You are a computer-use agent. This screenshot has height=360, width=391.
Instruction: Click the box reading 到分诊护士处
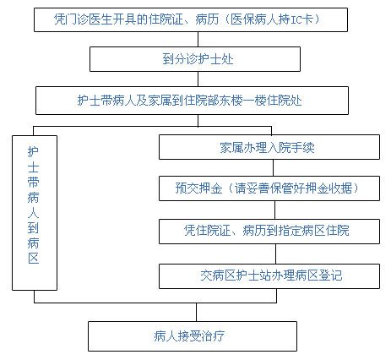click(195, 59)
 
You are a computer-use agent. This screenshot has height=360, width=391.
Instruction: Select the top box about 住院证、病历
click(191, 19)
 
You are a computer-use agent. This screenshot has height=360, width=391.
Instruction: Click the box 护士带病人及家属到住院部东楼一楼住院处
click(192, 101)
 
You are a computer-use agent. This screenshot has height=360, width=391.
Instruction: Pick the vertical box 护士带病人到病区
click(35, 213)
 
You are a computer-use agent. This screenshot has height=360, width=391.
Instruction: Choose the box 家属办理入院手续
click(269, 147)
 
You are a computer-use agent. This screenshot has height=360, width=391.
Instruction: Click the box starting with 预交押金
click(269, 188)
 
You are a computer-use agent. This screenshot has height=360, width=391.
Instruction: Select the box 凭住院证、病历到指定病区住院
click(269, 232)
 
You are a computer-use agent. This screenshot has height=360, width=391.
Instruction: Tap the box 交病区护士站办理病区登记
click(269, 276)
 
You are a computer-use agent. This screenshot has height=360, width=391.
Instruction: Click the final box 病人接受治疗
click(193, 336)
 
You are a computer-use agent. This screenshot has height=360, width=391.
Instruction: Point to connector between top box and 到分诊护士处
click(198, 39)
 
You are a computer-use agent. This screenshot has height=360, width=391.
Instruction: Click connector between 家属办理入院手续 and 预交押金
click(273, 168)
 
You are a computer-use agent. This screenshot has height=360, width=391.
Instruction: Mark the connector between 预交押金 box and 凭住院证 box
click(274, 210)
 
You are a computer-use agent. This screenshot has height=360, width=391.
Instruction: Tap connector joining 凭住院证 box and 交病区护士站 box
click(275, 254)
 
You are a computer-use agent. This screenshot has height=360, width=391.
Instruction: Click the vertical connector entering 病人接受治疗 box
click(196, 313)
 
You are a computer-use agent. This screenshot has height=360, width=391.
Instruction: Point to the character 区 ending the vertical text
click(34, 258)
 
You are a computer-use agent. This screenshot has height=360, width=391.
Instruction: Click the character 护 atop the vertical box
click(33, 151)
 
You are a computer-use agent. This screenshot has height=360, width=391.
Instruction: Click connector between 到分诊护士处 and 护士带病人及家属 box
click(198, 79)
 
